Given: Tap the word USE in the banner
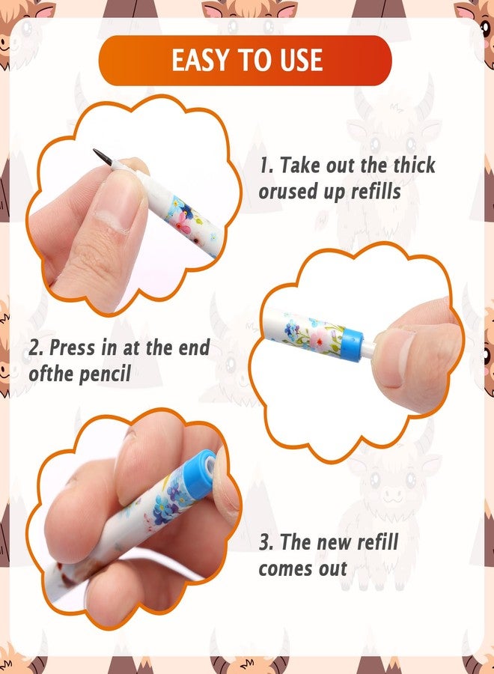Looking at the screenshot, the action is pos(301,60).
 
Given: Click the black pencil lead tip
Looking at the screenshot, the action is pos(103,157).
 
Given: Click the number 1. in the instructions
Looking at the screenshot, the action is pos(266,166).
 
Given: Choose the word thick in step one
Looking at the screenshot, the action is pos(415,165).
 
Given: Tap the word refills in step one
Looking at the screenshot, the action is pos(376,191).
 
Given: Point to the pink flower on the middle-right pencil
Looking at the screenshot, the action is pos(318,339).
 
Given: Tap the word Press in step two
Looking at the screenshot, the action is pos(72,347).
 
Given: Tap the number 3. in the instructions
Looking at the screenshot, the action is pos(266,542).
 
